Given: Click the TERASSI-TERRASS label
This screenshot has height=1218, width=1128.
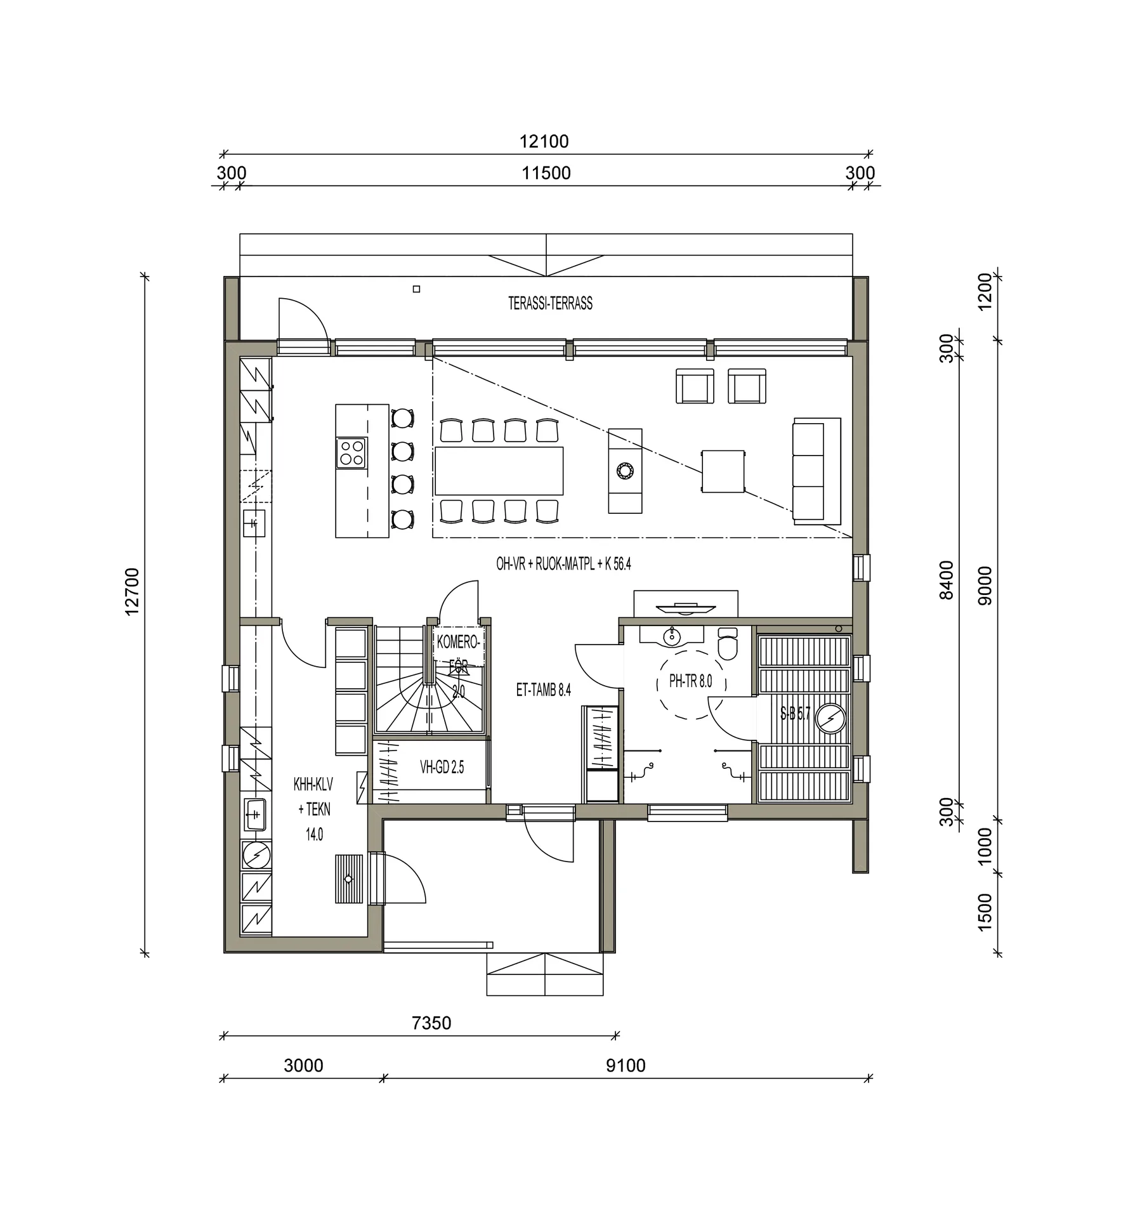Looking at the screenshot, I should click(x=550, y=303).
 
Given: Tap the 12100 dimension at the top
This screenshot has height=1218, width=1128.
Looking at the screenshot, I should click(x=544, y=141).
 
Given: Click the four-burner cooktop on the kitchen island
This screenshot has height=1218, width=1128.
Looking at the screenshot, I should click(x=351, y=453).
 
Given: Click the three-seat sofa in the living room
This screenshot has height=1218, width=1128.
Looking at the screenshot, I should click(x=816, y=471).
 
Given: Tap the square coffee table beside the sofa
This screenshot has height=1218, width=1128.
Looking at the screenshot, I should click(x=723, y=471).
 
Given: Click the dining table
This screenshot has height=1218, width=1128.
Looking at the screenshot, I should click(x=499, y=471).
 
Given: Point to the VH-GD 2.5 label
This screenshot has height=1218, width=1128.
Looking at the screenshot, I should click(x=442, y=768).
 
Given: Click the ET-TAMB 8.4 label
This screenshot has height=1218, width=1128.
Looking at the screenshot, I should click(x=543, y=690).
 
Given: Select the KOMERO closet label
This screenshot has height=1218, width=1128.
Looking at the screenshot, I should click(x=458, y=643).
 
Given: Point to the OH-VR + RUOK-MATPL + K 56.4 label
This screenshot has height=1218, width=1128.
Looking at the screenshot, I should click(x=563, y=564).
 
